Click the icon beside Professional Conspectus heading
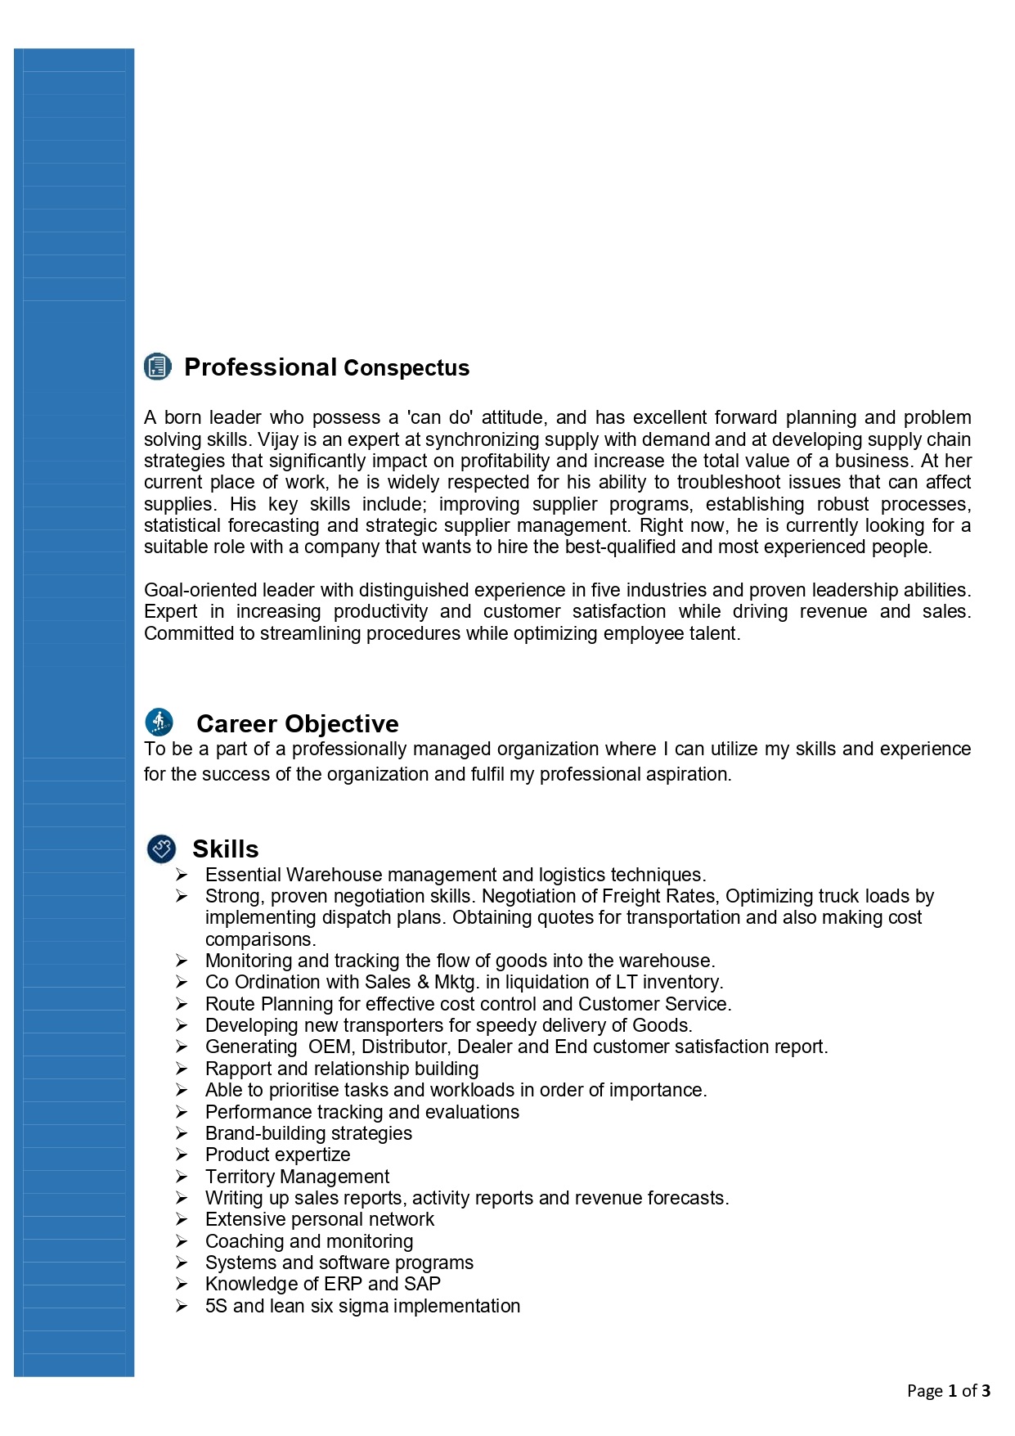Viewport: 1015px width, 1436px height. pyautogui.click(x=158, y=367)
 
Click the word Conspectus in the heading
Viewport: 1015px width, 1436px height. pyautogui.click(x=406, y=368)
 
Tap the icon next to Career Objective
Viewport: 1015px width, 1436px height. pyautogui.click(x=159, y=723)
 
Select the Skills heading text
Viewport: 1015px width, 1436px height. pyautogui.click(x=225, y=849)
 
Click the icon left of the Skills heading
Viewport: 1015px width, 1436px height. pyautogui.click(x=161, y=849)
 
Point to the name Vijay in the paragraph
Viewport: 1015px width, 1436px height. pyautogui.click(x=278, y=439)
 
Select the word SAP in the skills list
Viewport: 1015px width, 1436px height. pyautogui.click(x=422, y=1284)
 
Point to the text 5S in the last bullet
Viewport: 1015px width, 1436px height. pyautogui.click(x=216, y=1306)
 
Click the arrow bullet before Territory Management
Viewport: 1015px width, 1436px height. pyautogui.click(x=182, y=1177)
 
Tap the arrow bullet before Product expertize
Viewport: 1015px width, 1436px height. pyautogui.click(x=182, y=1155)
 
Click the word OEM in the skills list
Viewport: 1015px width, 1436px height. pyautogui.click(x=330, y=1047)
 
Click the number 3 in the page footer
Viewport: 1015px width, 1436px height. pyautogui.click(x=986, y=1390)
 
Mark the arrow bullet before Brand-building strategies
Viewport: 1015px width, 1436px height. pyautogui.click(x=182, y=1133)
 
